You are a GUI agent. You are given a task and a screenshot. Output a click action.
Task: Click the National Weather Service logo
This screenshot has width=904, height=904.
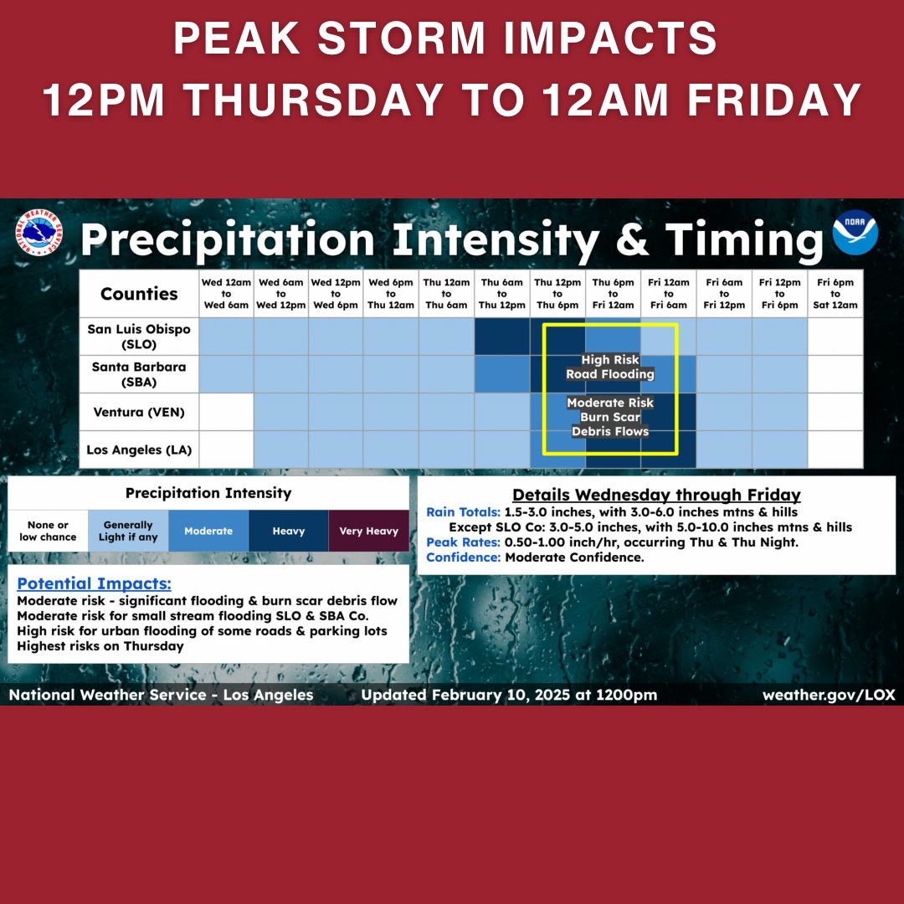pyautogui.click(x=39, y=233)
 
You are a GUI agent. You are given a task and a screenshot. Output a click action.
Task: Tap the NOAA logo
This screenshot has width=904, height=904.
pyautogui.click(x=855, y=233)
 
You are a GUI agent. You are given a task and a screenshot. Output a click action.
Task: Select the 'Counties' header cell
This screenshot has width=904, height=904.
pyautogui.click(x=139, y=294)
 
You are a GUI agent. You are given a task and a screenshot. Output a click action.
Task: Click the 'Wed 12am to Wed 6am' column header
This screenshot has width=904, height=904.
pyautogui.click(x=226, y=294)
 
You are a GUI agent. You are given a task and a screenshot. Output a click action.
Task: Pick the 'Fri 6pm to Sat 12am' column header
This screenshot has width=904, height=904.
pyautogui.click(x=835, y=294)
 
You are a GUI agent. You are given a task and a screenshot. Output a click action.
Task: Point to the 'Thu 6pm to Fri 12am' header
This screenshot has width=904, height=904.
pyautogui.click(x=613, y=294)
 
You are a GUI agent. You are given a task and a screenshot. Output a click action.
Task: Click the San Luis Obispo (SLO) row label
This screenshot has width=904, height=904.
pyautogui.click(x=139, y=336)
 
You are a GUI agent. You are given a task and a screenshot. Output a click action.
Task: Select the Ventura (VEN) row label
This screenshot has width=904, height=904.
pyautogui.click(x=139, y=412)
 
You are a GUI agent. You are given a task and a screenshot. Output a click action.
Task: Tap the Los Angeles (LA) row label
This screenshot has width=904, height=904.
pyautogui.click(x=139, y=449)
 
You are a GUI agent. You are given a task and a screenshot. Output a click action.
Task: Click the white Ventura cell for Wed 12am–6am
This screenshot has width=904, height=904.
pyautogui.click(x=226, y=412)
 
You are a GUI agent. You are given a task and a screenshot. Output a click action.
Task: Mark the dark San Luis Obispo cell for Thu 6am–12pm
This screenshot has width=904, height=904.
pyautogui.click(x=502, y=336)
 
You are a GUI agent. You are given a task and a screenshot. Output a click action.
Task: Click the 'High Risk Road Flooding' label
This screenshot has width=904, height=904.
pyautogui.click(x=610, y=367)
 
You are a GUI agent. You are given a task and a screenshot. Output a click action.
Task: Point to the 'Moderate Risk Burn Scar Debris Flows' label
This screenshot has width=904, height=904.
pyautogui.click(x=610, y=417)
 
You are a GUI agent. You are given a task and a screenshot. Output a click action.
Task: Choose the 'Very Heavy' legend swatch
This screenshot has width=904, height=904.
pyautogui.click(x=369, y=531)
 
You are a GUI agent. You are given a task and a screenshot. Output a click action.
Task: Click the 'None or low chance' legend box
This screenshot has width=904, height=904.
pyautogui.click(x=48, y=531)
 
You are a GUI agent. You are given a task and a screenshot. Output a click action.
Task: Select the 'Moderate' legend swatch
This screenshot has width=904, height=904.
pyautogui.click(x=208, y=531)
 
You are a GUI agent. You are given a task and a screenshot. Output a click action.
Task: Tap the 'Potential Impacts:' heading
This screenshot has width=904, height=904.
pyautogui.click(x=94, y=583)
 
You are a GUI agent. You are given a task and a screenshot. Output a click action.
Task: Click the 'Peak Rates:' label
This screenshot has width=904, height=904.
pyautogui.click(x=463, y=542)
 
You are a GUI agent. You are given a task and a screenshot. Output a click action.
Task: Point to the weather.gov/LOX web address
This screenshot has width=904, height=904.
pyautogui.click(x=829, y=695)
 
